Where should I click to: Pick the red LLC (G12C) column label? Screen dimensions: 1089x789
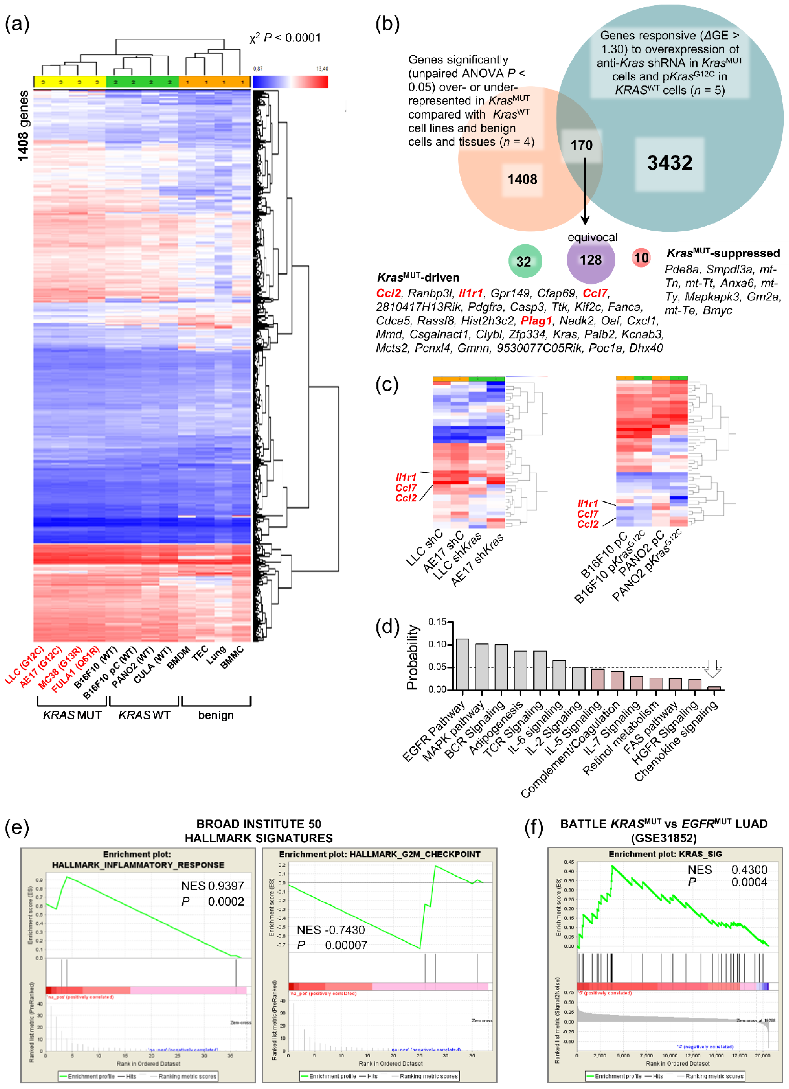pos(25,666)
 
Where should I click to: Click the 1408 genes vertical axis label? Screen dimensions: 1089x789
pos(22,126)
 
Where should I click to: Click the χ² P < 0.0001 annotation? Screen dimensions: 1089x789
pos(285,38)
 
